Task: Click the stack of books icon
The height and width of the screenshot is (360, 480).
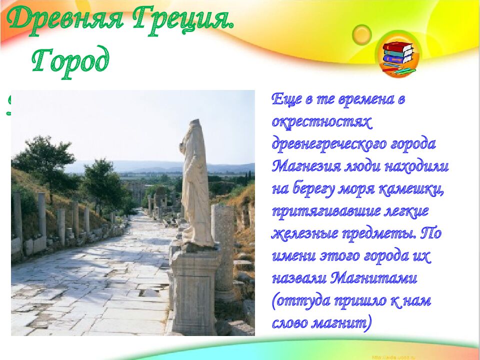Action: tap(398, 56)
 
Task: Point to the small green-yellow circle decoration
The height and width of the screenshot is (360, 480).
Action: tap(361, 34)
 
